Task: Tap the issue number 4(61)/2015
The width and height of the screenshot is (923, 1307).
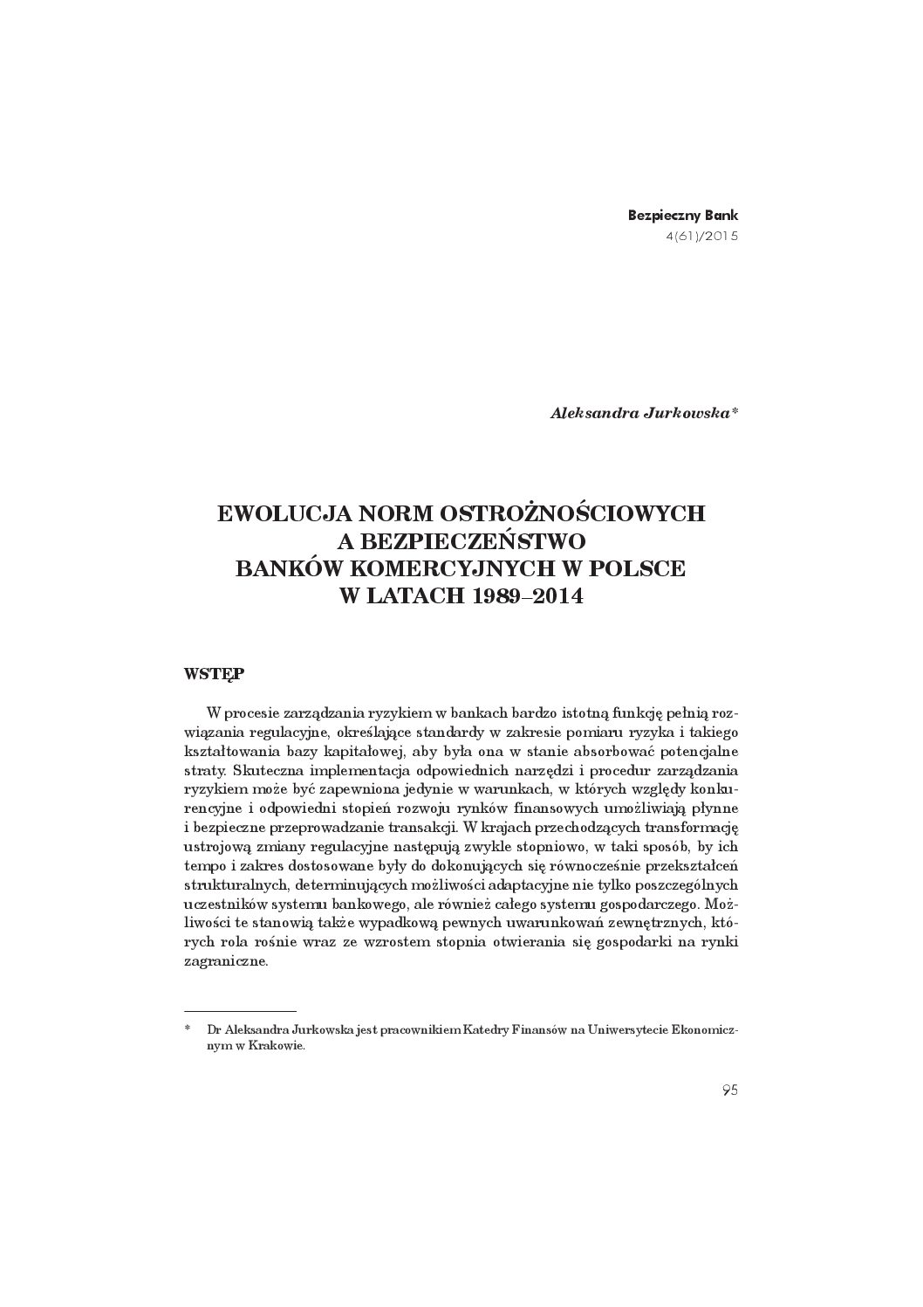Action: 701,235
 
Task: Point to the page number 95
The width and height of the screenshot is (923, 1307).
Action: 729,1089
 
